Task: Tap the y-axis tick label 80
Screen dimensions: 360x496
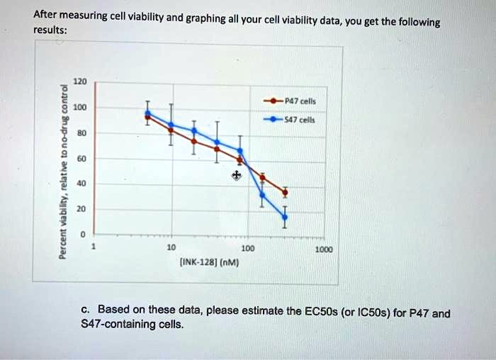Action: click(82, 133)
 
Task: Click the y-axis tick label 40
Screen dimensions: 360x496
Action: click(82, 183)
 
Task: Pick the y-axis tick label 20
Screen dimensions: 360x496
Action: click(82, 208)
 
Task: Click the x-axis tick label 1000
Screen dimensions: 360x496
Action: click(325, 249)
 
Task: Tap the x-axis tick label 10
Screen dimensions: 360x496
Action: click(170, 249)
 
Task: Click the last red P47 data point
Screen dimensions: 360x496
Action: click(285, 191)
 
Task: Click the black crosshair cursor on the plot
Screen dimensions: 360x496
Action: click(236, 174)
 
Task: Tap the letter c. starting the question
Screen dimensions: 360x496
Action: click(85, 310)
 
